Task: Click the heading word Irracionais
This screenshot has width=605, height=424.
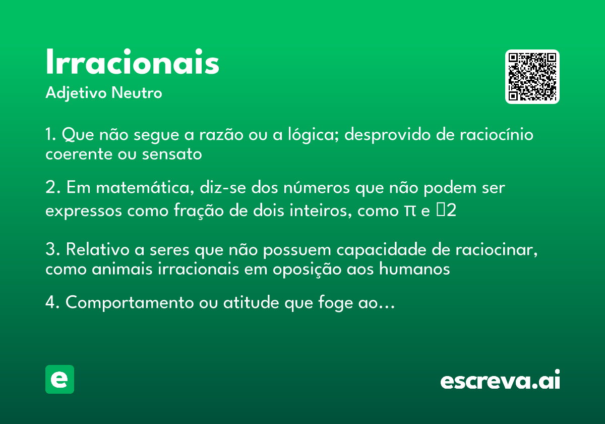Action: pyautogui.click(x=132, y=63)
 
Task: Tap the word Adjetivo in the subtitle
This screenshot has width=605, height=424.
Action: pyautogui.click(x=76, y=93)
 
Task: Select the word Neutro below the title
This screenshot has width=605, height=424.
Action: pyautogui.click(x=137, y=93)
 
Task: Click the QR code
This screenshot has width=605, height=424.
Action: pyautogui.click(x=532, y=77)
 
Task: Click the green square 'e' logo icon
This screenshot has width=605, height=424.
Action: pyautogui.click(x=59, y=379)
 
